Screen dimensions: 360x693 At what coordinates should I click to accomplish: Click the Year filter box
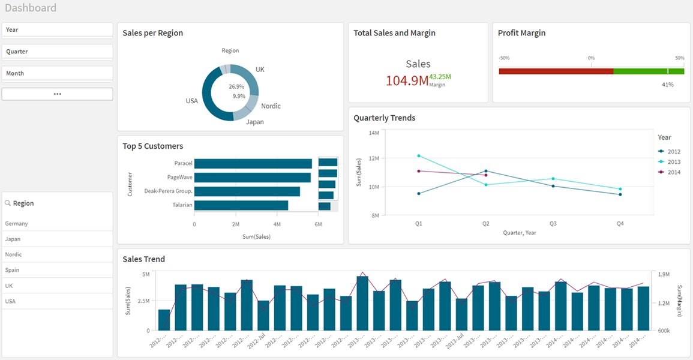click(57, 29)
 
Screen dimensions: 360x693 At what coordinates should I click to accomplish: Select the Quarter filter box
click(57, 52)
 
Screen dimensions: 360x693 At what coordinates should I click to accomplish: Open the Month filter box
click(57, 73)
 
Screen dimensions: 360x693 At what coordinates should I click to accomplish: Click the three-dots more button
click(57, 94)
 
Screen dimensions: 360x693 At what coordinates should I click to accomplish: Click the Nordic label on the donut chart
click(271, 106)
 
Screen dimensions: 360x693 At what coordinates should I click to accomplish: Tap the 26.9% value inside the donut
click(236, 86)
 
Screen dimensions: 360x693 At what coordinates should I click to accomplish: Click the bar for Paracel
click(253, 164)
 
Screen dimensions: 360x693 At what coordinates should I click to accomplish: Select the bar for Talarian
click(241, 205)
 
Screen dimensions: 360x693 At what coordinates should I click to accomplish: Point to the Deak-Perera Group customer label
click(168, 191)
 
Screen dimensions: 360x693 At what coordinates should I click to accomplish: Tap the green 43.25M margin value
click(440, 77)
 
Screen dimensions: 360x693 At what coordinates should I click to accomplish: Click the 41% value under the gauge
click(667, 85)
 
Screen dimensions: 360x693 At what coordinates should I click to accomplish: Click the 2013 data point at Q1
click(419, 156)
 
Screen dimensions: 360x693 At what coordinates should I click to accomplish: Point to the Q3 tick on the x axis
click(553, 223)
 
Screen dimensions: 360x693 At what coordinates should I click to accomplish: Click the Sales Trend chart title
click(143, 259)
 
